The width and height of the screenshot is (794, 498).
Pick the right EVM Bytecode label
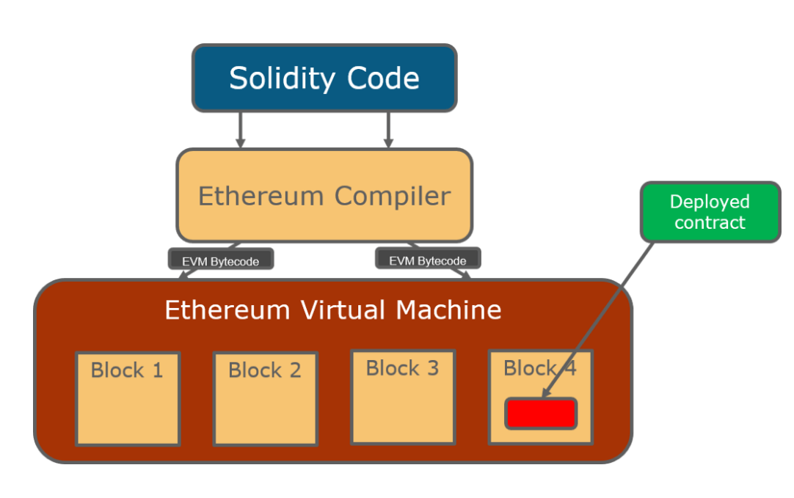pyautogui.click(x=428, y=260)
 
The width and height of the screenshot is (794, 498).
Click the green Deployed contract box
pyautogui.click(x=710, y=212)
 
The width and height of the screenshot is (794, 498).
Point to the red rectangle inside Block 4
pyautogui.click(x=541, y=414)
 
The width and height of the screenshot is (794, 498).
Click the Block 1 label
pyautogui.click(x=127, y=370)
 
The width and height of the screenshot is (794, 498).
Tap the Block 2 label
pyautogui.click(x=265, y=370)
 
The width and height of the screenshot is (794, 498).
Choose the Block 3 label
pyautogui.click(x=402, y=368)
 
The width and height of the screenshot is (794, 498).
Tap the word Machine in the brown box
pyautogui.click(x=448, y=310)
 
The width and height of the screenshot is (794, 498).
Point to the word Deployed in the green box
pyautogui.click(x=710, y=202)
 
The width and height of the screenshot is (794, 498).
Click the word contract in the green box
pyautogui.click(x=710, y=222)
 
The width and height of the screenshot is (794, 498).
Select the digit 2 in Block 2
pyautogui.click(x=294, y=370)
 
